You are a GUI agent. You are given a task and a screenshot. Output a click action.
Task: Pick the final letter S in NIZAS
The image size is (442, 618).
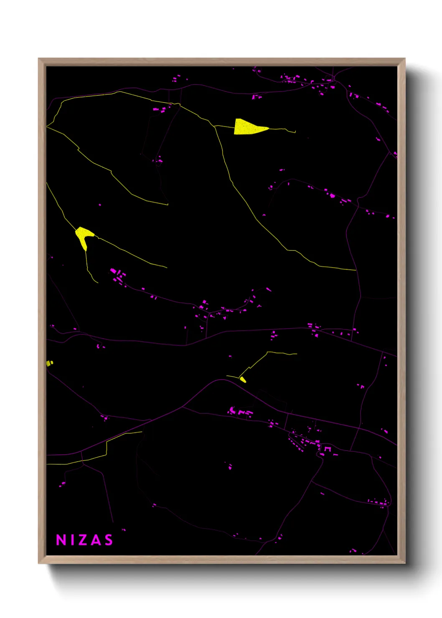(x=109, y=540)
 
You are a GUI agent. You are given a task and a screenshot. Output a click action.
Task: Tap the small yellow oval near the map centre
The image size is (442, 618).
(x=243, y=380)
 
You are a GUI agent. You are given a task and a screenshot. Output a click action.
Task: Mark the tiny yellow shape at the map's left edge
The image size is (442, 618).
(x=49, y=363)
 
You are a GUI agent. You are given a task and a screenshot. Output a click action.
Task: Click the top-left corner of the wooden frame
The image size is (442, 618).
(x=39, y=59)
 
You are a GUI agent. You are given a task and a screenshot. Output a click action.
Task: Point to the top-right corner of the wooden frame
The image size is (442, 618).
(x=405, y=59)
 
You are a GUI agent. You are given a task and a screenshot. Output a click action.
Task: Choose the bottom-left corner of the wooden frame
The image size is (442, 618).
(x=39, y=563)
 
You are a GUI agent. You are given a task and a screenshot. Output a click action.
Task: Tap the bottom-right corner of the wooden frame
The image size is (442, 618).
(x=405, y=563)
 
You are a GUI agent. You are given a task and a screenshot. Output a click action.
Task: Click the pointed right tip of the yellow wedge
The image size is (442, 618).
(x=268, y=128)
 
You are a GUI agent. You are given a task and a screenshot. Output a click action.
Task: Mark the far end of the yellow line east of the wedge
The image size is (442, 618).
(x=295, y=132)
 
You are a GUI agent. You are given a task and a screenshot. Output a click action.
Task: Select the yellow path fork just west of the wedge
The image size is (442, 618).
(x=214, y=125)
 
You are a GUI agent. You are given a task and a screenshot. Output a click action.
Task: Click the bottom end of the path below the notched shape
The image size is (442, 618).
(x=98, y=283)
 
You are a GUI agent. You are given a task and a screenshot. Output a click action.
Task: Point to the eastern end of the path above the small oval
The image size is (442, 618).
(x=297, y=354)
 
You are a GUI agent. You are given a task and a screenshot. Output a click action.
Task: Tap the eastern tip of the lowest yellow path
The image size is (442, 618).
(x=142, y=432)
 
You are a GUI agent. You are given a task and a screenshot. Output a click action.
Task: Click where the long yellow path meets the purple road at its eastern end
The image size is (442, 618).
(x=356, y=270)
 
